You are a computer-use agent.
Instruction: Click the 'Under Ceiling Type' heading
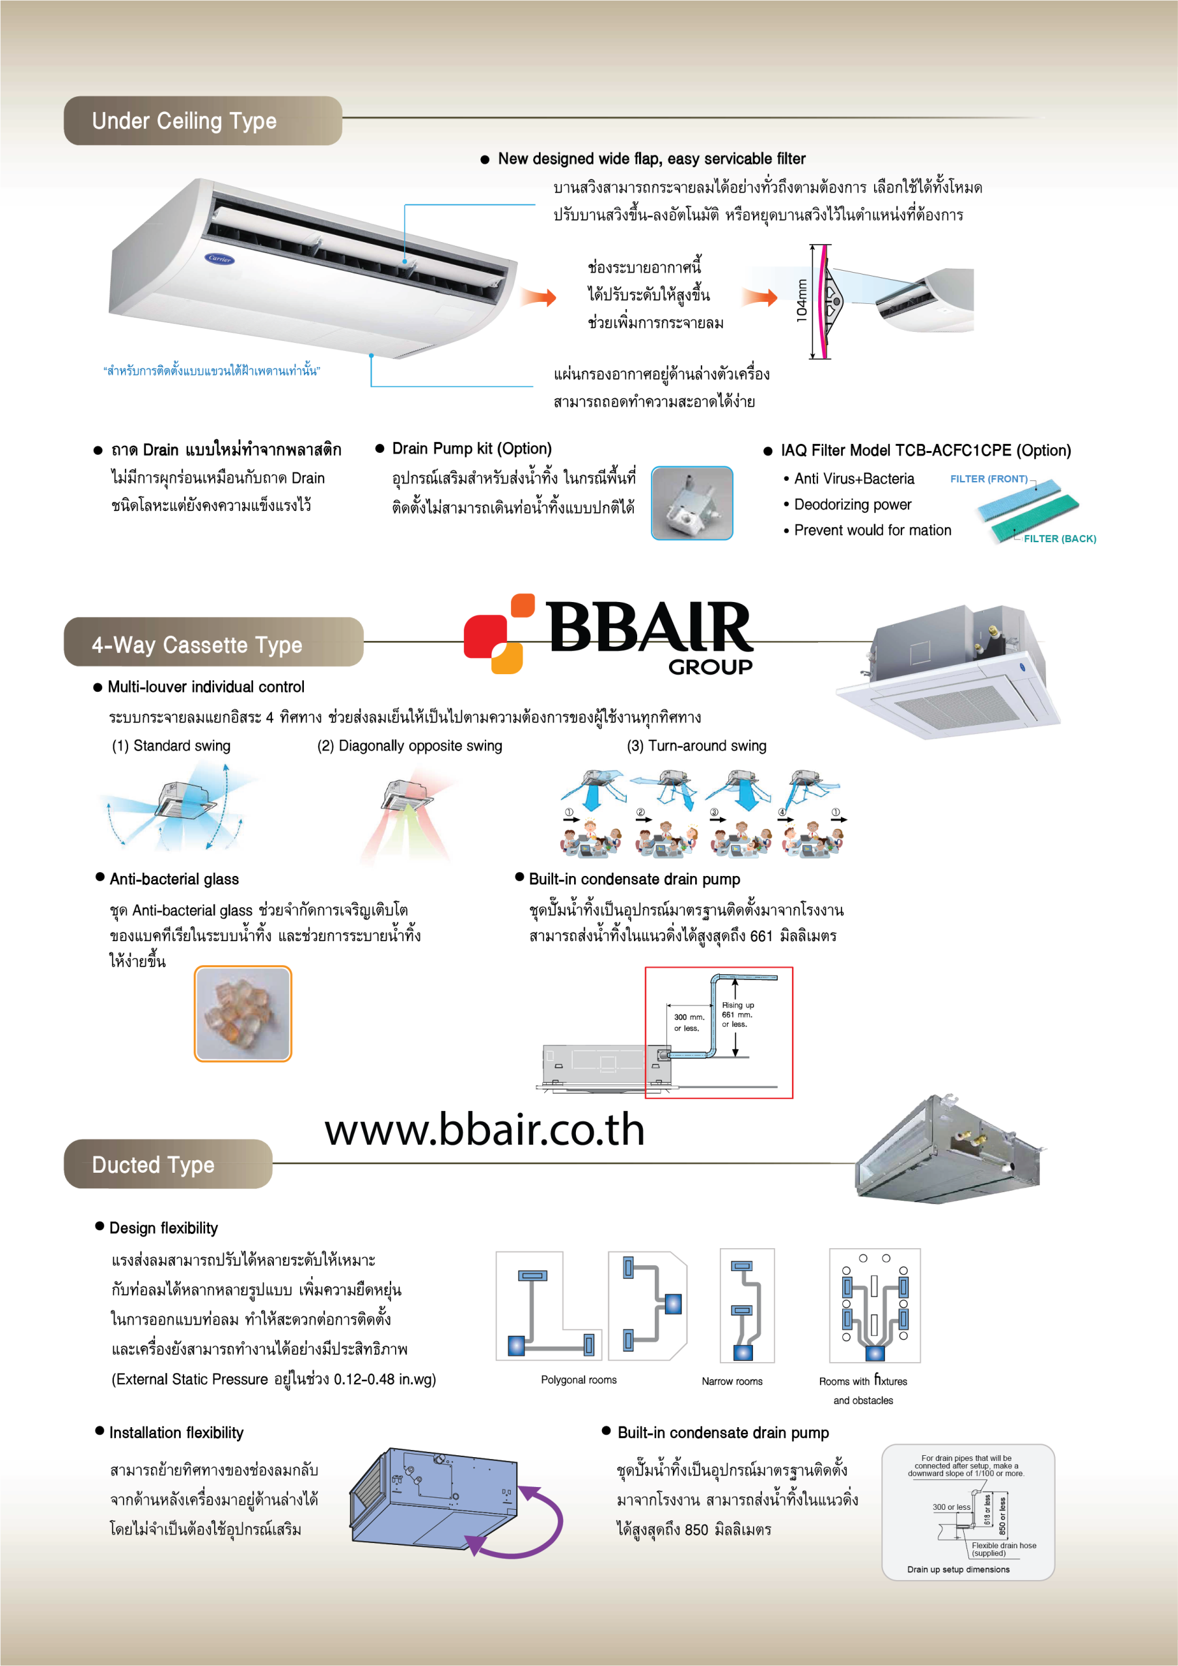(184, 121)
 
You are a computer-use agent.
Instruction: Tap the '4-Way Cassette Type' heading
(197, 644)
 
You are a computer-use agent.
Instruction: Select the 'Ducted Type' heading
(153, 1165)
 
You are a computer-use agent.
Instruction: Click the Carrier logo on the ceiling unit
(219, 258)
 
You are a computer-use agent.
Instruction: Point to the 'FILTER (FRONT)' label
(989, 479)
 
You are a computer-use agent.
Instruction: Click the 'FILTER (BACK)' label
(1059, 538)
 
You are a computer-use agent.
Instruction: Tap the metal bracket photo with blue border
(692, 503)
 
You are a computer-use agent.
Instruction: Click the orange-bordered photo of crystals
(243, 1014)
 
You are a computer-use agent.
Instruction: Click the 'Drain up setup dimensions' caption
(957, 1570)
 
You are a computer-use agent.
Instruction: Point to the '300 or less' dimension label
(951, 1507)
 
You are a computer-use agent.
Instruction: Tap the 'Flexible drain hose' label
(1004, 1546)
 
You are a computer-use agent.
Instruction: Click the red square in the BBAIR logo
(484, 636)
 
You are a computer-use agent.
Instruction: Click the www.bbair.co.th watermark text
(484, 1130)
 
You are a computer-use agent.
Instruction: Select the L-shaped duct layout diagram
(548, 1305)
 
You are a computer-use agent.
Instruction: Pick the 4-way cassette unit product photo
(949, 671)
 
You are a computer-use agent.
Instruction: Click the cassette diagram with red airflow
(411, 813)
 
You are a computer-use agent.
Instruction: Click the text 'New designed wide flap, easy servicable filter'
(651, 159)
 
